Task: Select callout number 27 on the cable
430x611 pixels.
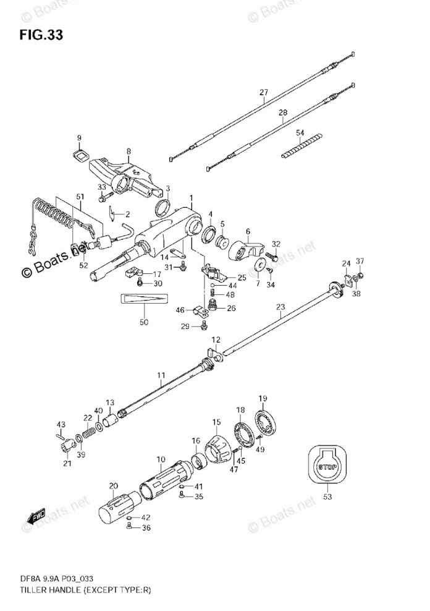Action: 264,93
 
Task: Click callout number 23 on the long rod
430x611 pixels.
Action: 280,306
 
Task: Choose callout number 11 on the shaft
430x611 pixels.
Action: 161,375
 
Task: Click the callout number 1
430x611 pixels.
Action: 192,199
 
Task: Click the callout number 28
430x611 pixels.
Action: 283,113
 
